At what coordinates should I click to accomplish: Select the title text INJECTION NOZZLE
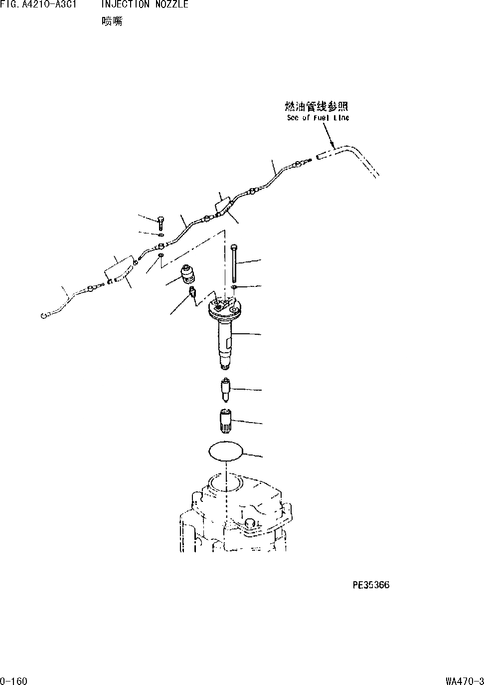click(x=145, y=4)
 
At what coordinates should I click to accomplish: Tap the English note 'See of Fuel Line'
click(x=318, y=118)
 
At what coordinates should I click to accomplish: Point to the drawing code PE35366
click(x=371, y=585)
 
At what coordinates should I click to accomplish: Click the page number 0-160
click(x=14, y=681)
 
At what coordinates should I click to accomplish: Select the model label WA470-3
click(x=465, y=681)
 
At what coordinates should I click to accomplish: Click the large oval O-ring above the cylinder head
click(x=226, y=451)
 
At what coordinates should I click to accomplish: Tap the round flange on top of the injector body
click(x=224, y=309)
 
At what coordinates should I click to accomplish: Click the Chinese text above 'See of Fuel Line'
click(x=316, y=106)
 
